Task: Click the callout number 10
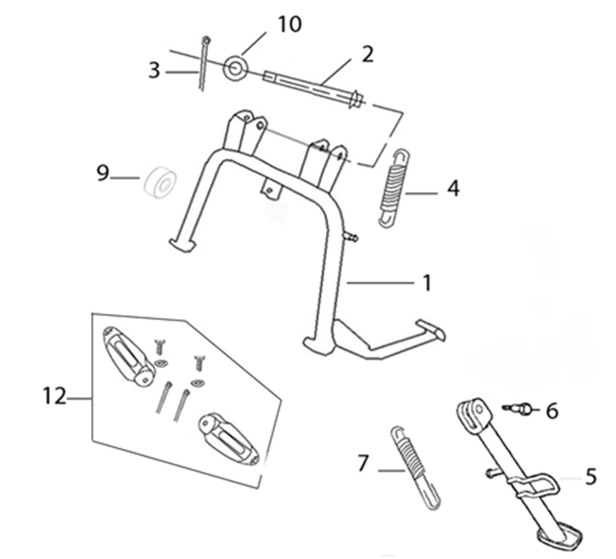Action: click(290, 24)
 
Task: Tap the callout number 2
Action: click(367, 54)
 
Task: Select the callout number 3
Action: click(155, 71)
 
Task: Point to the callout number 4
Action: click(454, 188)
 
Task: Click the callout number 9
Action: click(103, 173)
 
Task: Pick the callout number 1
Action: click(427, 283)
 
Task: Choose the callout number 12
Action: click(55, 396)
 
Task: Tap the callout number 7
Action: click(364, 463)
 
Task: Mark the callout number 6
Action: click(553, 411)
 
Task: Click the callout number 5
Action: click(591, 477)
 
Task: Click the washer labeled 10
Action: click(236, 68)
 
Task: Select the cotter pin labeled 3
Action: click(204, 62)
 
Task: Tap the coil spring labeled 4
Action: click(395, 188)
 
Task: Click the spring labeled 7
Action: click(415, 468)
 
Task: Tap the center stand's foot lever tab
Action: click(431, 330)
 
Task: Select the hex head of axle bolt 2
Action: click(357, 99)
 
